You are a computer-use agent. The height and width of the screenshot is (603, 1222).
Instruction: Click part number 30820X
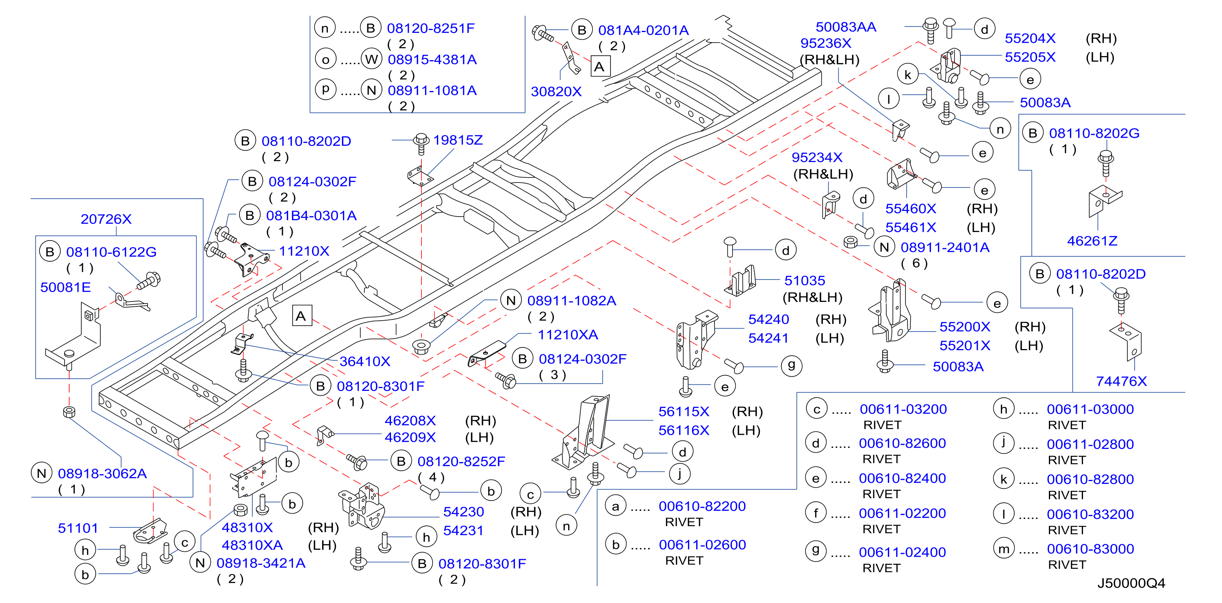(556, 91)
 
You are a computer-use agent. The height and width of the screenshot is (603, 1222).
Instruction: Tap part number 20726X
(106, 219)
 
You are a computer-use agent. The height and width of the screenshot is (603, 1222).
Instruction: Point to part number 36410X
(365, 362)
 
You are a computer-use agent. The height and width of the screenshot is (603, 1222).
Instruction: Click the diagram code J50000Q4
(1131, 583)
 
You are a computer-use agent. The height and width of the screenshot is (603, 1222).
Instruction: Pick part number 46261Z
(1092, 241)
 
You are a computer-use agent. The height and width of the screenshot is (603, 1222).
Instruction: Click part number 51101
(78, 528)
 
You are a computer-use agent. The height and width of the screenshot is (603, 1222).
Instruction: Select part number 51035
(805, 281)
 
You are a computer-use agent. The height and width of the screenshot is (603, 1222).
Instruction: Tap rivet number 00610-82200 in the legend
(702, 506)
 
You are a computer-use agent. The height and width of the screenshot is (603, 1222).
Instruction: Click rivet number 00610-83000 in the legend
(1090, 549)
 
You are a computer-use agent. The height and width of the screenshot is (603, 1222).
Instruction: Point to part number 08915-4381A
(432, 60)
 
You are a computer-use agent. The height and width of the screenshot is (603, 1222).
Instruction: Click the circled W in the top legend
(371, 59)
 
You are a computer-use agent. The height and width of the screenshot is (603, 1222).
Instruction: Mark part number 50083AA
(846, 27)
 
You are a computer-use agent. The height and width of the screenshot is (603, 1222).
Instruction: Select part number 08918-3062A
(102, 473)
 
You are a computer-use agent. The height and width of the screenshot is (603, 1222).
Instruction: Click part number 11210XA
(568, 335)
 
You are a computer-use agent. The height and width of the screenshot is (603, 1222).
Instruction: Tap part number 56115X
(684, 412)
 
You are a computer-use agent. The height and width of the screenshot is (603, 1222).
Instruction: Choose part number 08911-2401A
(945, 247)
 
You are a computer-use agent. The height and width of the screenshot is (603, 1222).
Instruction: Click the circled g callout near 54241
(791, 366)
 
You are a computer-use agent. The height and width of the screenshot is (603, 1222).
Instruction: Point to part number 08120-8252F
(461, 462)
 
